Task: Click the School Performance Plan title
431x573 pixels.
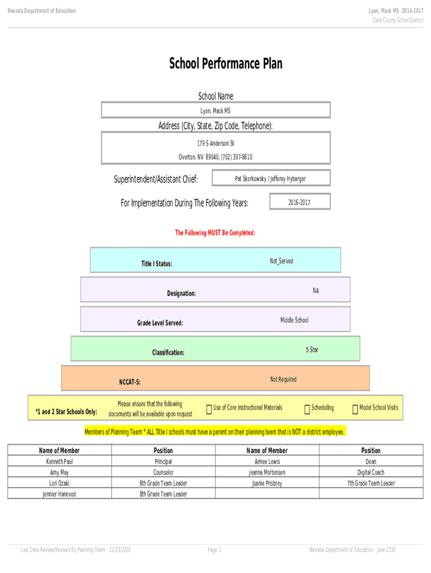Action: point(226,64)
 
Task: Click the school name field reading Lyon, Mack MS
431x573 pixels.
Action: point(215,111)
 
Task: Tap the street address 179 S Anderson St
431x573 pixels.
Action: point(215,144)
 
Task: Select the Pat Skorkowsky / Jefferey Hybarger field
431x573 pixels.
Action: point(270,179)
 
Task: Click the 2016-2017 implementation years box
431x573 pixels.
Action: point(299,203)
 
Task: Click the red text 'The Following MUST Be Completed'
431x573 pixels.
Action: point(215,233)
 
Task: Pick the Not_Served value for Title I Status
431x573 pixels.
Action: point(281,261)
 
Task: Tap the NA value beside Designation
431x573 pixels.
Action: point(316,290)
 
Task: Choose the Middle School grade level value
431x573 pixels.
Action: point(294,320)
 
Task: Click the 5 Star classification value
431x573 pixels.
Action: point(312,350)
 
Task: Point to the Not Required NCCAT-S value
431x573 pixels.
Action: point(283,379)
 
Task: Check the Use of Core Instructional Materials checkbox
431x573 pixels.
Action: point(209,410)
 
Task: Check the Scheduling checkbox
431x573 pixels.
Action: point(307,410)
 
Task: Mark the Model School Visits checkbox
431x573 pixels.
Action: point(355,410)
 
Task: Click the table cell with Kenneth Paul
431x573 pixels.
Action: point(59,462)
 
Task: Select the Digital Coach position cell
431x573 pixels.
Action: point(371,472)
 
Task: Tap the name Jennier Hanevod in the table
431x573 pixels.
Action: point(59,494)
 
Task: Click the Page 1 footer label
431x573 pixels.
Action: point(214,550)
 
